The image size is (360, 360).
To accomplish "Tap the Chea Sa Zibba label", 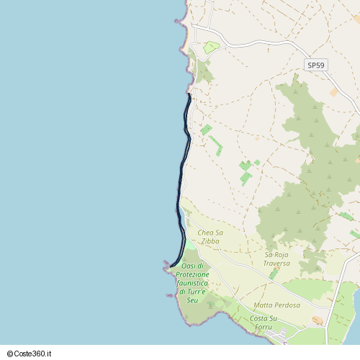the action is pyautogui.click(x=210, y=237).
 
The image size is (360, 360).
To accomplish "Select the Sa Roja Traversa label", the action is pyautogui.click(x=276, y=258).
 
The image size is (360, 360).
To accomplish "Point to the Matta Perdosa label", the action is pyautogui.click(x=276, y=305).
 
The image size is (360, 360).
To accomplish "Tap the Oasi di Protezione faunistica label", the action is pyautogui.click(x=192, y=283).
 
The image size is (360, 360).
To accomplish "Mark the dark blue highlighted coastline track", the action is pyautogui.click(x=181, y=180).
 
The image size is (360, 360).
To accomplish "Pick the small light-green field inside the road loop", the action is pyautogui.click(x=210, y=48).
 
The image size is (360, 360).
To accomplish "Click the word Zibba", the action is pyautogui.click(x=210, y=241).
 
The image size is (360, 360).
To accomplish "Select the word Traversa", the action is pyautogui.click(x=276, y=263).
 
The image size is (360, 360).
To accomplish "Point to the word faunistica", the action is pyautogui.click(x=192, y=283).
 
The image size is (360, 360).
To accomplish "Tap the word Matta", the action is pyautogui.click(x=262, y=305).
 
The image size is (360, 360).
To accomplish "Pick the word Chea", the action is pyautogui.click(x=205, y=233).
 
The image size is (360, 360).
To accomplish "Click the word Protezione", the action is pyautogui.click(x=192, y=274).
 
